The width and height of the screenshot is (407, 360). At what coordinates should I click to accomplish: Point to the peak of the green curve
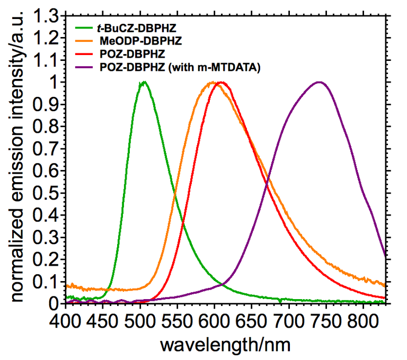click(x=143, y=82)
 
